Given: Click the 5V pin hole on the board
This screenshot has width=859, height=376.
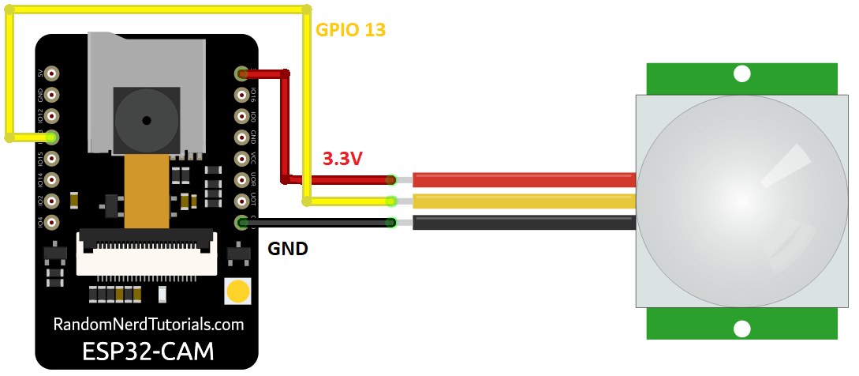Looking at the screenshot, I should (x=52, y=73).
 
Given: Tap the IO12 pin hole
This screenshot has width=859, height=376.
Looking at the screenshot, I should (x=52, y=116).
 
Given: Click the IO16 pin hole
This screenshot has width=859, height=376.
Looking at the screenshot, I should (x=241, y=95).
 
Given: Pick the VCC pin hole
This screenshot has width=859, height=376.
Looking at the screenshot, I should (x=241, y=159).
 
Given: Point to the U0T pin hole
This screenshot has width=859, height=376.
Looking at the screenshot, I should (x=241, y=201).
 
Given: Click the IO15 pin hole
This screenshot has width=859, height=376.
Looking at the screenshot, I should (x=52, y=159).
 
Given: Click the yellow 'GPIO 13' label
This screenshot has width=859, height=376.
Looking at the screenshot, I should (x=350, y=31).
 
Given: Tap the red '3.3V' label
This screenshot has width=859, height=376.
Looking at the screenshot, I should (x=342, y=159).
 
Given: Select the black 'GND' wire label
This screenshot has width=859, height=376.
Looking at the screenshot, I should (x=288, y=249).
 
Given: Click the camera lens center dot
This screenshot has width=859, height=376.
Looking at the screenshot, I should (x=146, y=120).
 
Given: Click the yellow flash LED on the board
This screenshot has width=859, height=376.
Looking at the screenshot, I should (x=237, y=292).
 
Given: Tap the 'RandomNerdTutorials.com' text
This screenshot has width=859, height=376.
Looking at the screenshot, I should (x=148, y=325).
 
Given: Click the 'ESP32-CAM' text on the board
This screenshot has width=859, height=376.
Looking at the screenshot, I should (x=148, y=351).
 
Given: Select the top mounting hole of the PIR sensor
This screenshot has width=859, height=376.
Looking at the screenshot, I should (x=741, y=74).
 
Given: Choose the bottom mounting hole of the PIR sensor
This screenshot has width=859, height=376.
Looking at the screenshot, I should (x=741, y=329).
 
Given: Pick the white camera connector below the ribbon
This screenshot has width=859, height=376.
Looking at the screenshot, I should (x=146, y=253).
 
